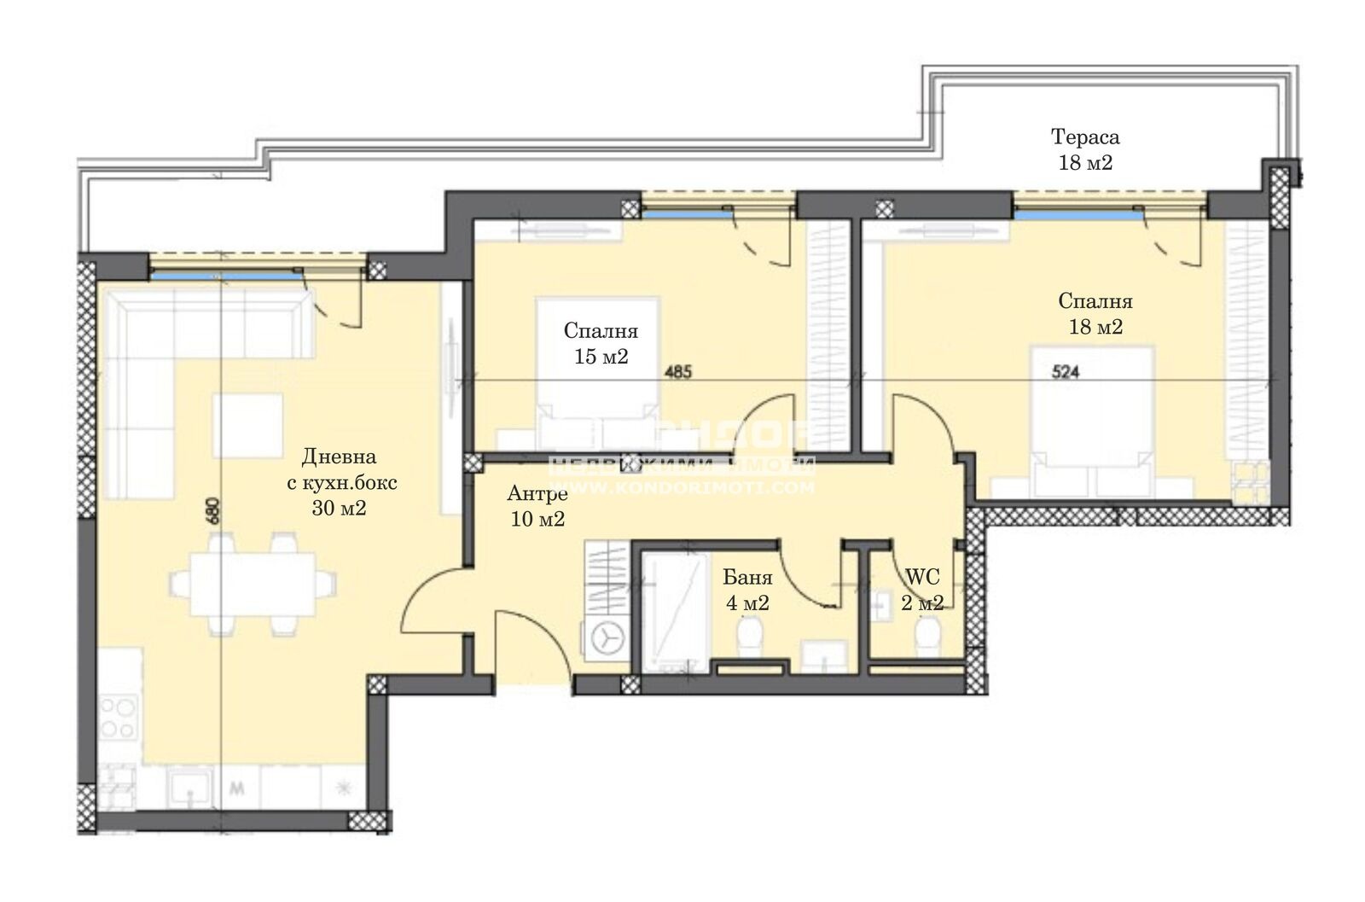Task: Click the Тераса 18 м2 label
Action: (1085, 149)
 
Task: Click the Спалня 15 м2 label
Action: (601, 344)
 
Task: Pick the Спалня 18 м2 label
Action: (1095, 313)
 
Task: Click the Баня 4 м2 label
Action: (747, 590)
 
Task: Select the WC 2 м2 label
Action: (922, 590)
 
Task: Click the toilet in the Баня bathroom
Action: (751, 636)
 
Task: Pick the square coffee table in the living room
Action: (247, 424)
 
